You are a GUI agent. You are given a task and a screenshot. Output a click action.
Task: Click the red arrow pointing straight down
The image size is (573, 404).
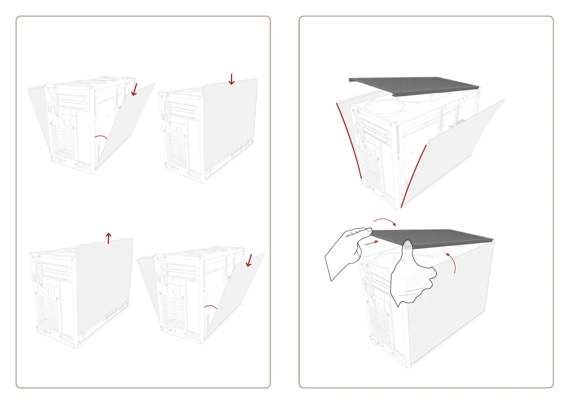[x=231, y=79]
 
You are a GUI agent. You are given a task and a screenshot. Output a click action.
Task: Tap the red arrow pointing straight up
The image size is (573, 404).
[x=109, y=238]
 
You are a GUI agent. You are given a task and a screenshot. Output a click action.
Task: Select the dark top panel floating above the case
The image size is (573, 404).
[x=414, y=86]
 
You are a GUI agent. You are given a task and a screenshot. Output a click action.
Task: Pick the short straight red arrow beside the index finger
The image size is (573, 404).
[x=371, y=243]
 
